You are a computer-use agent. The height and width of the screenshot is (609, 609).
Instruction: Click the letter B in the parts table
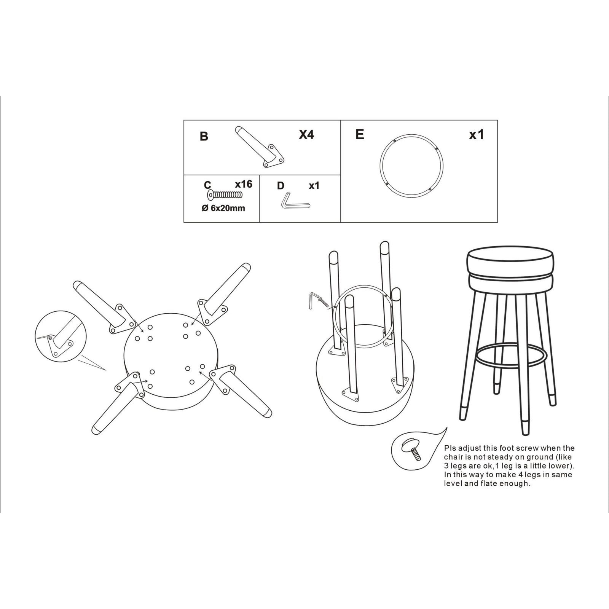pyautogui.click(x=204, y=136)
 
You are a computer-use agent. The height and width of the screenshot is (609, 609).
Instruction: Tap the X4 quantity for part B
pyautogui.click(x=306, y=134)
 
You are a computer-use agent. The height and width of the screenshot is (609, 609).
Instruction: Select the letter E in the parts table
pyautogui.click(x=360, y=134)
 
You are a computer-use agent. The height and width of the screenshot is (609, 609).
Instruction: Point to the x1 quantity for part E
pyautogui.click(x=476, y=135)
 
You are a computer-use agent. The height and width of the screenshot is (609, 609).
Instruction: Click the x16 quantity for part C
pyautogui.click(x=244, y=184)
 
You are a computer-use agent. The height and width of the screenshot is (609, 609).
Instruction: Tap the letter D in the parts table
pyautogui.click(x=281, y=186)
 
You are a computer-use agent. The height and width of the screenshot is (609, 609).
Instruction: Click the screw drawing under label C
pyautogui.click(x=225, y=195)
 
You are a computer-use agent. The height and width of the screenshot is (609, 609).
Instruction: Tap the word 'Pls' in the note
pyautogui.click(x=451, y=448)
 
